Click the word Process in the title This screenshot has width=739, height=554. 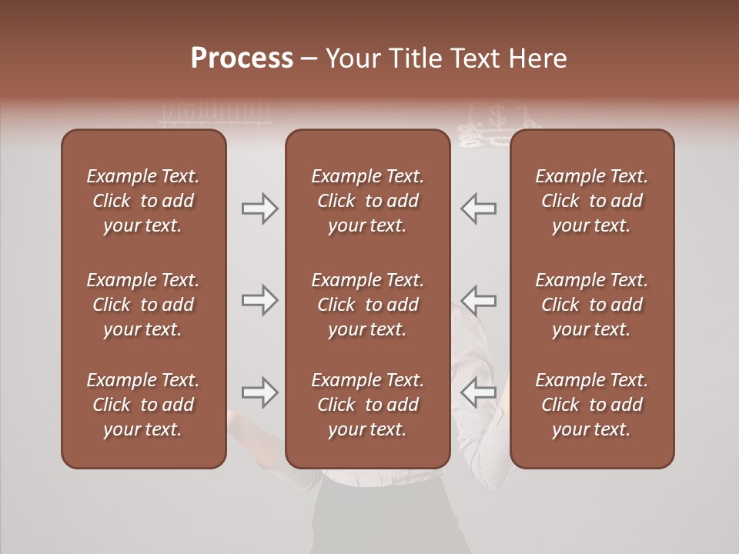point(242,58)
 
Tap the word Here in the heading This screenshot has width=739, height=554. point(537,58)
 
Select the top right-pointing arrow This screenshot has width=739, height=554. point(260,209)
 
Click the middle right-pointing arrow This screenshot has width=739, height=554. point(260,299)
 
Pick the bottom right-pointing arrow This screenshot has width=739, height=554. point(260,392)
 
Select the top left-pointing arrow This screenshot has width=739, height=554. point(478,209)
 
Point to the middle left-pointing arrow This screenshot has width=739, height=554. point(478,299)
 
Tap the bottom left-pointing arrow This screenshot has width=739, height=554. point(478,392)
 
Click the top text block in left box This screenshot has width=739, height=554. point(143,201)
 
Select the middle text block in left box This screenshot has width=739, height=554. point(143,305)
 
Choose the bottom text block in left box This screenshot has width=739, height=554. point(143,405)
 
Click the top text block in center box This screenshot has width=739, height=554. point(367,201)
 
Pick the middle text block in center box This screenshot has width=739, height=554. point(367,305)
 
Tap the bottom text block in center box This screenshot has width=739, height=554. point(367,405)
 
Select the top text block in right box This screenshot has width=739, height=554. point(591,201)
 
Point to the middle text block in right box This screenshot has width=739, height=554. point(591,305)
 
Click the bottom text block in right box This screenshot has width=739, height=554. point(591,405)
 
